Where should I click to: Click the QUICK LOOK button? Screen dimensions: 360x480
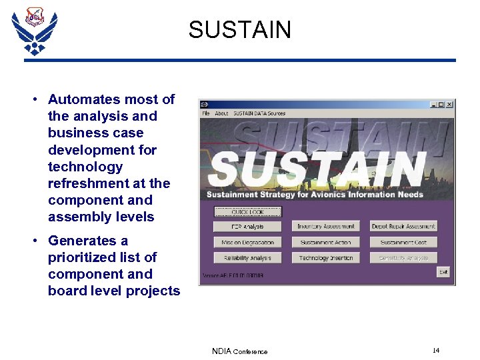point(247,211)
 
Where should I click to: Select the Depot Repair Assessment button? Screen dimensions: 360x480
point(403,227)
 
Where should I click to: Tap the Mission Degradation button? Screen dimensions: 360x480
point(247,242)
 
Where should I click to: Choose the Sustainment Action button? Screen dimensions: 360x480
point(325,242)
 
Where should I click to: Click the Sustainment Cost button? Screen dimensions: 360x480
point(403,242)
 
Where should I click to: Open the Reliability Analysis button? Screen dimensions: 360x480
point(247,258)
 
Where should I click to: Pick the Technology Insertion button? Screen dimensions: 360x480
point(325,258)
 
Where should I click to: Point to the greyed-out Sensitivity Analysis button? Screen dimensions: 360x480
point(403,258)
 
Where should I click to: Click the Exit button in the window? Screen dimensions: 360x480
point(443,272)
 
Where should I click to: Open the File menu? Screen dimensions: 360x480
point(206,113)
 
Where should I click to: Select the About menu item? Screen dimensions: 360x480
point(221,113)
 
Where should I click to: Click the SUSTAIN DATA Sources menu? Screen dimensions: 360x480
point(259,113)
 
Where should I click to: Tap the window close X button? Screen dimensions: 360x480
point(449,104)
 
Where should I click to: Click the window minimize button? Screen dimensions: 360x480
point(433,104)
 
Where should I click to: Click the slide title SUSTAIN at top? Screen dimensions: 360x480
point(239,30)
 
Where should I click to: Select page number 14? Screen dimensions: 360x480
point(436,351)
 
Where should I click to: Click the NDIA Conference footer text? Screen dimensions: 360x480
point(239,351)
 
